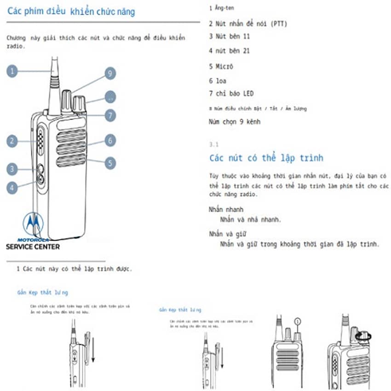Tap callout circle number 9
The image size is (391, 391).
(x=109, y=74)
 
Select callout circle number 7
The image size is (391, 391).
(x=109, y=115)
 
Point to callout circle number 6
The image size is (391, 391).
(x=109, y=140)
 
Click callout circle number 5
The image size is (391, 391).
(x=109, y=163)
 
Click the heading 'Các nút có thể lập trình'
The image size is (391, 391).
(x=266, y=158)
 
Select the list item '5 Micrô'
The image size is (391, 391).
(x=221, y=67)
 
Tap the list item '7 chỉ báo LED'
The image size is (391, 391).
(x=231, y=94)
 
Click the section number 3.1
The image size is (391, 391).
(x=213, y=144)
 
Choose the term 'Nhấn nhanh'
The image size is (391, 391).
(x=226, y=210)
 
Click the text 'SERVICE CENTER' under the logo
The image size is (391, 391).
(x=32, y=247)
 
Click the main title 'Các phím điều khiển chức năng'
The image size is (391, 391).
(x=71, y=12)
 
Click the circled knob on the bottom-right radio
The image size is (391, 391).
(x=363, y=337)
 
